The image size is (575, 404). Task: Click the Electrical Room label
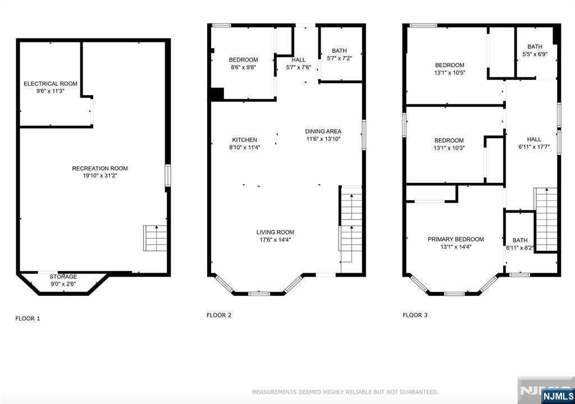51,84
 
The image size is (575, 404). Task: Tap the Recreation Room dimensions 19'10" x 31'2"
100,176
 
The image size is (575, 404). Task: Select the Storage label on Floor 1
63,277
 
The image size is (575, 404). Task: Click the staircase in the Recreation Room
155,238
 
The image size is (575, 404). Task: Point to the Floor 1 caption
28,318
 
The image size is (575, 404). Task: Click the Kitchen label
245,140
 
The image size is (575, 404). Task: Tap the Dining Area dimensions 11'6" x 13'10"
323,139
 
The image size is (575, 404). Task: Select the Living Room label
275,232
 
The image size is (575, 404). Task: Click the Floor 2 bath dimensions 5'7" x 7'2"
339,58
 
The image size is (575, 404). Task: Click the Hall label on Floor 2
299,59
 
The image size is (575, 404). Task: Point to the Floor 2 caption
219,315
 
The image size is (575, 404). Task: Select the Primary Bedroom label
456,239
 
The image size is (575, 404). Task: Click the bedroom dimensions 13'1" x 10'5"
450,72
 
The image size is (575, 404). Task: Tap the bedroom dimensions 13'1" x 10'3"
449,148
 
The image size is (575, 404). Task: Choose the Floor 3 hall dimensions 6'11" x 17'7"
534,147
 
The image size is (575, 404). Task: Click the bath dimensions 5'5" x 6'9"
535,54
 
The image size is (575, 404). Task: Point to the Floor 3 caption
415,315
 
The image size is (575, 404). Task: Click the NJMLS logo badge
558,396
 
